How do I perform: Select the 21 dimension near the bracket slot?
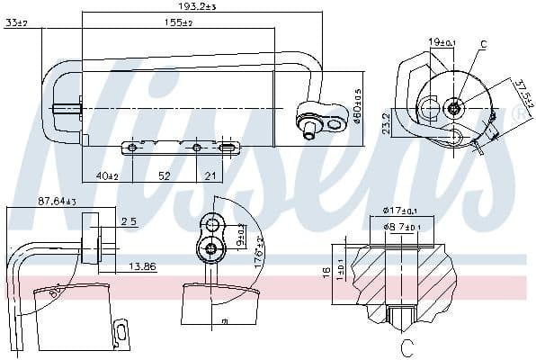click(210, 175)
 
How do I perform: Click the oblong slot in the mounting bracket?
click(228, 147)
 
